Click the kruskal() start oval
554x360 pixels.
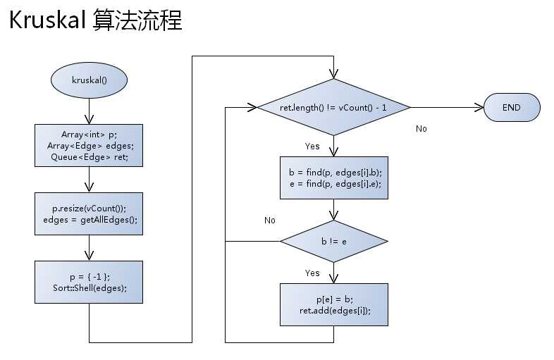click(x=89, y=80)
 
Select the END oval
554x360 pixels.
click(x=512, y=108)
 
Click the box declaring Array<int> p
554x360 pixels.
click(x=89, y=146)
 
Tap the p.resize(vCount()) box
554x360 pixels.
click(x=89, y=213)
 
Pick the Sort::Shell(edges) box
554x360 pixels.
click(x=89, y=282)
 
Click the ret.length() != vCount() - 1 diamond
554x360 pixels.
click(x=333, y=108)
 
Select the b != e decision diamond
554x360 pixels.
click(x=333, y=241)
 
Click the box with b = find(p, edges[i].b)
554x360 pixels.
click(x=333, y=177)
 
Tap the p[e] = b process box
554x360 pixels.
click(x=333, y=304)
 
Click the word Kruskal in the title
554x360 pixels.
click(x=47, y=21)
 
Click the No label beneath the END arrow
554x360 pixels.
click(x=421, y=129)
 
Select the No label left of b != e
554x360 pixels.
click(x=269, y=221)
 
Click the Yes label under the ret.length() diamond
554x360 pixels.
click(x=312, y=147)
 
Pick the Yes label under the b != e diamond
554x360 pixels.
click(x=312, y=273)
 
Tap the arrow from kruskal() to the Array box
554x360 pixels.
click(x=89, y=111)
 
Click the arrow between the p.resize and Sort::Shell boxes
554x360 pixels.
click(x=89, y=248)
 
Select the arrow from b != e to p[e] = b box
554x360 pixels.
click(x=333, y=273)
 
